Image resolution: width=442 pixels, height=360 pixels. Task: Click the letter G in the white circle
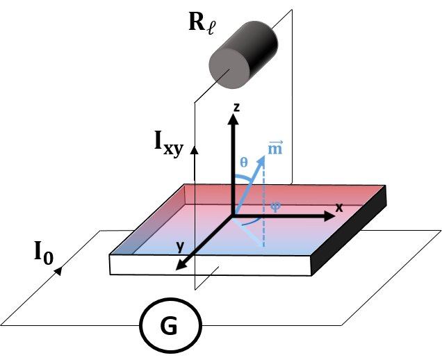point(169,326)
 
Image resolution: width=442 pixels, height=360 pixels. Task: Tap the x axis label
point(339,207)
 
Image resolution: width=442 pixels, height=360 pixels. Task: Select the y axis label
point(180,246)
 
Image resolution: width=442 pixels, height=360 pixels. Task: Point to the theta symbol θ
point(243,162)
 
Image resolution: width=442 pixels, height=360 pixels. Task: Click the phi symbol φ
point(275,206)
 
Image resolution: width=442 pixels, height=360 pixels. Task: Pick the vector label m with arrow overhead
point(275,147)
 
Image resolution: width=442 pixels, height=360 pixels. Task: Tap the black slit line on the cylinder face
point(222,74)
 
